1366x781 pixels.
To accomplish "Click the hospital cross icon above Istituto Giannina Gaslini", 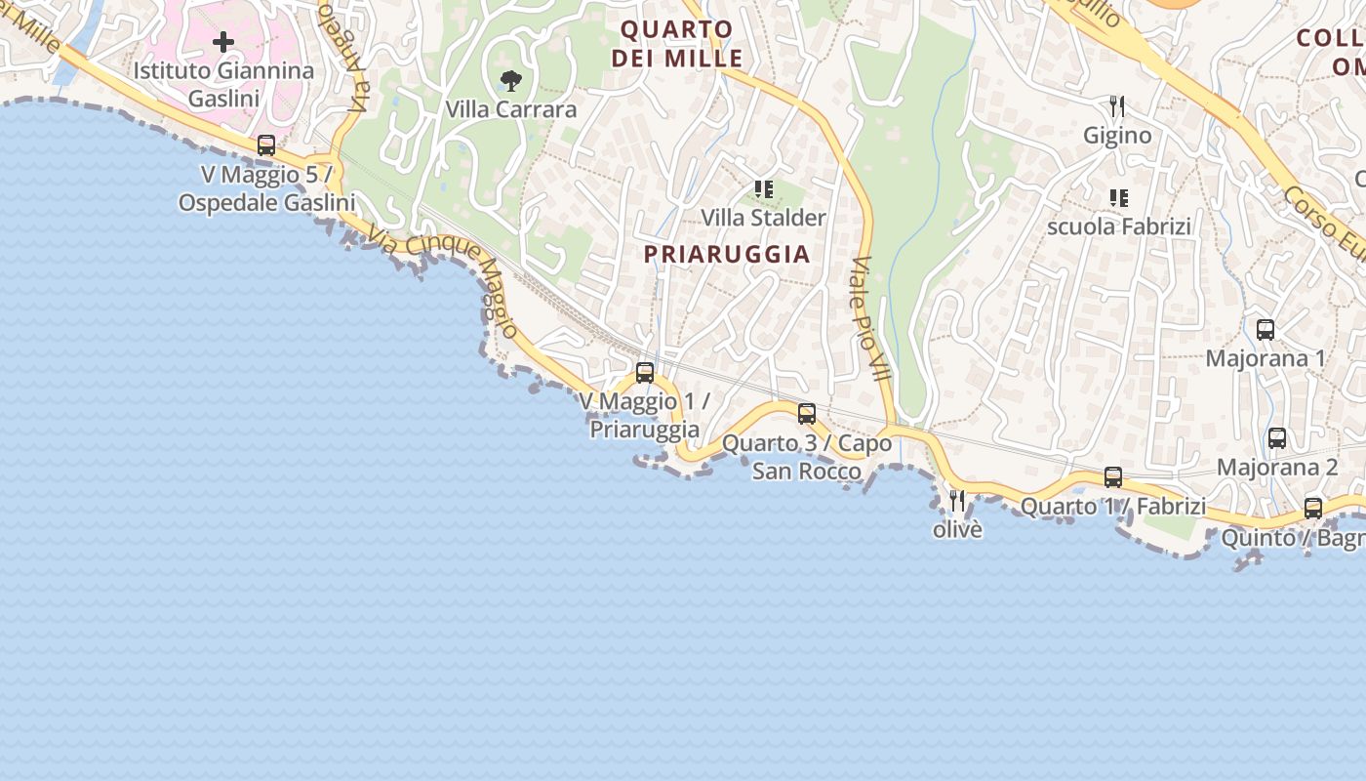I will coord(223,42).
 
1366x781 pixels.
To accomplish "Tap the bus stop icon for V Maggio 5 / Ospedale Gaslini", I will coord(265,145).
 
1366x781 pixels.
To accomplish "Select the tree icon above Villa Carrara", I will coord(509,81).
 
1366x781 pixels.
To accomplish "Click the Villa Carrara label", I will coord(511,109).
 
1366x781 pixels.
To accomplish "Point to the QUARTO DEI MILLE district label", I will coord(677,44).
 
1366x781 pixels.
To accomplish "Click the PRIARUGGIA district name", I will coord(727,254).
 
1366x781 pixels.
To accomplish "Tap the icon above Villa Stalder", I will coord(763,189).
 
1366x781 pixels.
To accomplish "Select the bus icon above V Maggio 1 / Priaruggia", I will coord(644,372).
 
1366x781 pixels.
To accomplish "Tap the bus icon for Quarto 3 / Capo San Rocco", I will coord(806,413).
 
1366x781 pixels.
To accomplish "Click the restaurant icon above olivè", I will coord(957,501).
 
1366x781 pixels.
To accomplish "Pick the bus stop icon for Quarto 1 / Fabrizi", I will coord(1112,477).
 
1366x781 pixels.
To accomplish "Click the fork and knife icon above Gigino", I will coord(1117,106).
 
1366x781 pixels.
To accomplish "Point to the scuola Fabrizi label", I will coord(1119,226).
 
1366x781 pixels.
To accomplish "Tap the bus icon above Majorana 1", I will coord(1265,330).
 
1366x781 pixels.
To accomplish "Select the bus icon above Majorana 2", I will coord(1276,438).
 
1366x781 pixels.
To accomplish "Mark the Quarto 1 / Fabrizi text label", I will coord(1113,507).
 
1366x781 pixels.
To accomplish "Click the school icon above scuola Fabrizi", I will coord(1118,198).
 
